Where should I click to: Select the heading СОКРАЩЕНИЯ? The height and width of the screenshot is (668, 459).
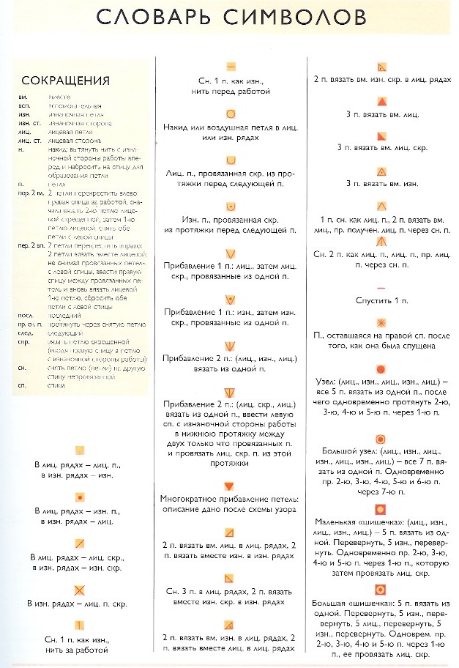coord(66,80)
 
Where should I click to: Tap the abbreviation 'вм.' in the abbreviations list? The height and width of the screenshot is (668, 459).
coord(25,95)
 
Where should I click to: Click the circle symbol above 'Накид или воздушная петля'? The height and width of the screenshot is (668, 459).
coord(230,114)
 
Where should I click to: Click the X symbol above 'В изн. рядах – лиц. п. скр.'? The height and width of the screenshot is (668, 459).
coord(81,590)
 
